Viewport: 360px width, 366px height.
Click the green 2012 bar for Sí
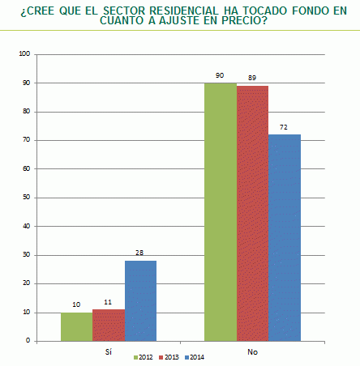pos(76,326)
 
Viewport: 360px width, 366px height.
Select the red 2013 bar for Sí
pos(108,325)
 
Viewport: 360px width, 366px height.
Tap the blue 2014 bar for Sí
pos(140,300)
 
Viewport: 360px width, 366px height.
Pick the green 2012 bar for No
pos(220,211)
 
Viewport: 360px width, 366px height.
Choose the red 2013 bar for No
pos(252,213)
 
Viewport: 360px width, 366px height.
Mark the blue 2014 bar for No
pos(284,237)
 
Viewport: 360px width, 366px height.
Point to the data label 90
pos(220,76)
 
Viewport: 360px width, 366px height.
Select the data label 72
pos(284,128)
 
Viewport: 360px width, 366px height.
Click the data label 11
pos(108,303)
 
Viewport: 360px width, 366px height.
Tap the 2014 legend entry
pos(195,357)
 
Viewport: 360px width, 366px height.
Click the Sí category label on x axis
pos(108,352)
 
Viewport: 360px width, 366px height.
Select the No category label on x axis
pos(252,352)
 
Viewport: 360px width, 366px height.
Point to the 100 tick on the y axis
pos(24,54)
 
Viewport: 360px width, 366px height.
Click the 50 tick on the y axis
pos(25,198)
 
